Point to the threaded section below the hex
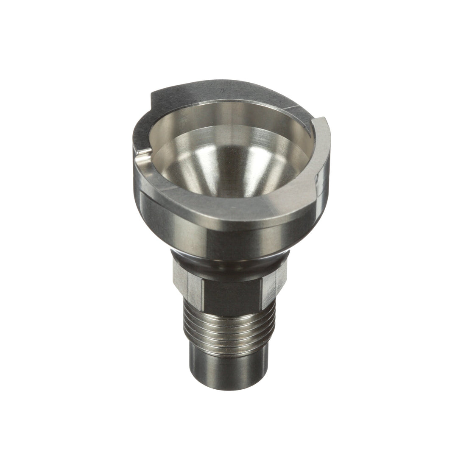click(229, 329)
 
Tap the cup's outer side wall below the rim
click(229, 242)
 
